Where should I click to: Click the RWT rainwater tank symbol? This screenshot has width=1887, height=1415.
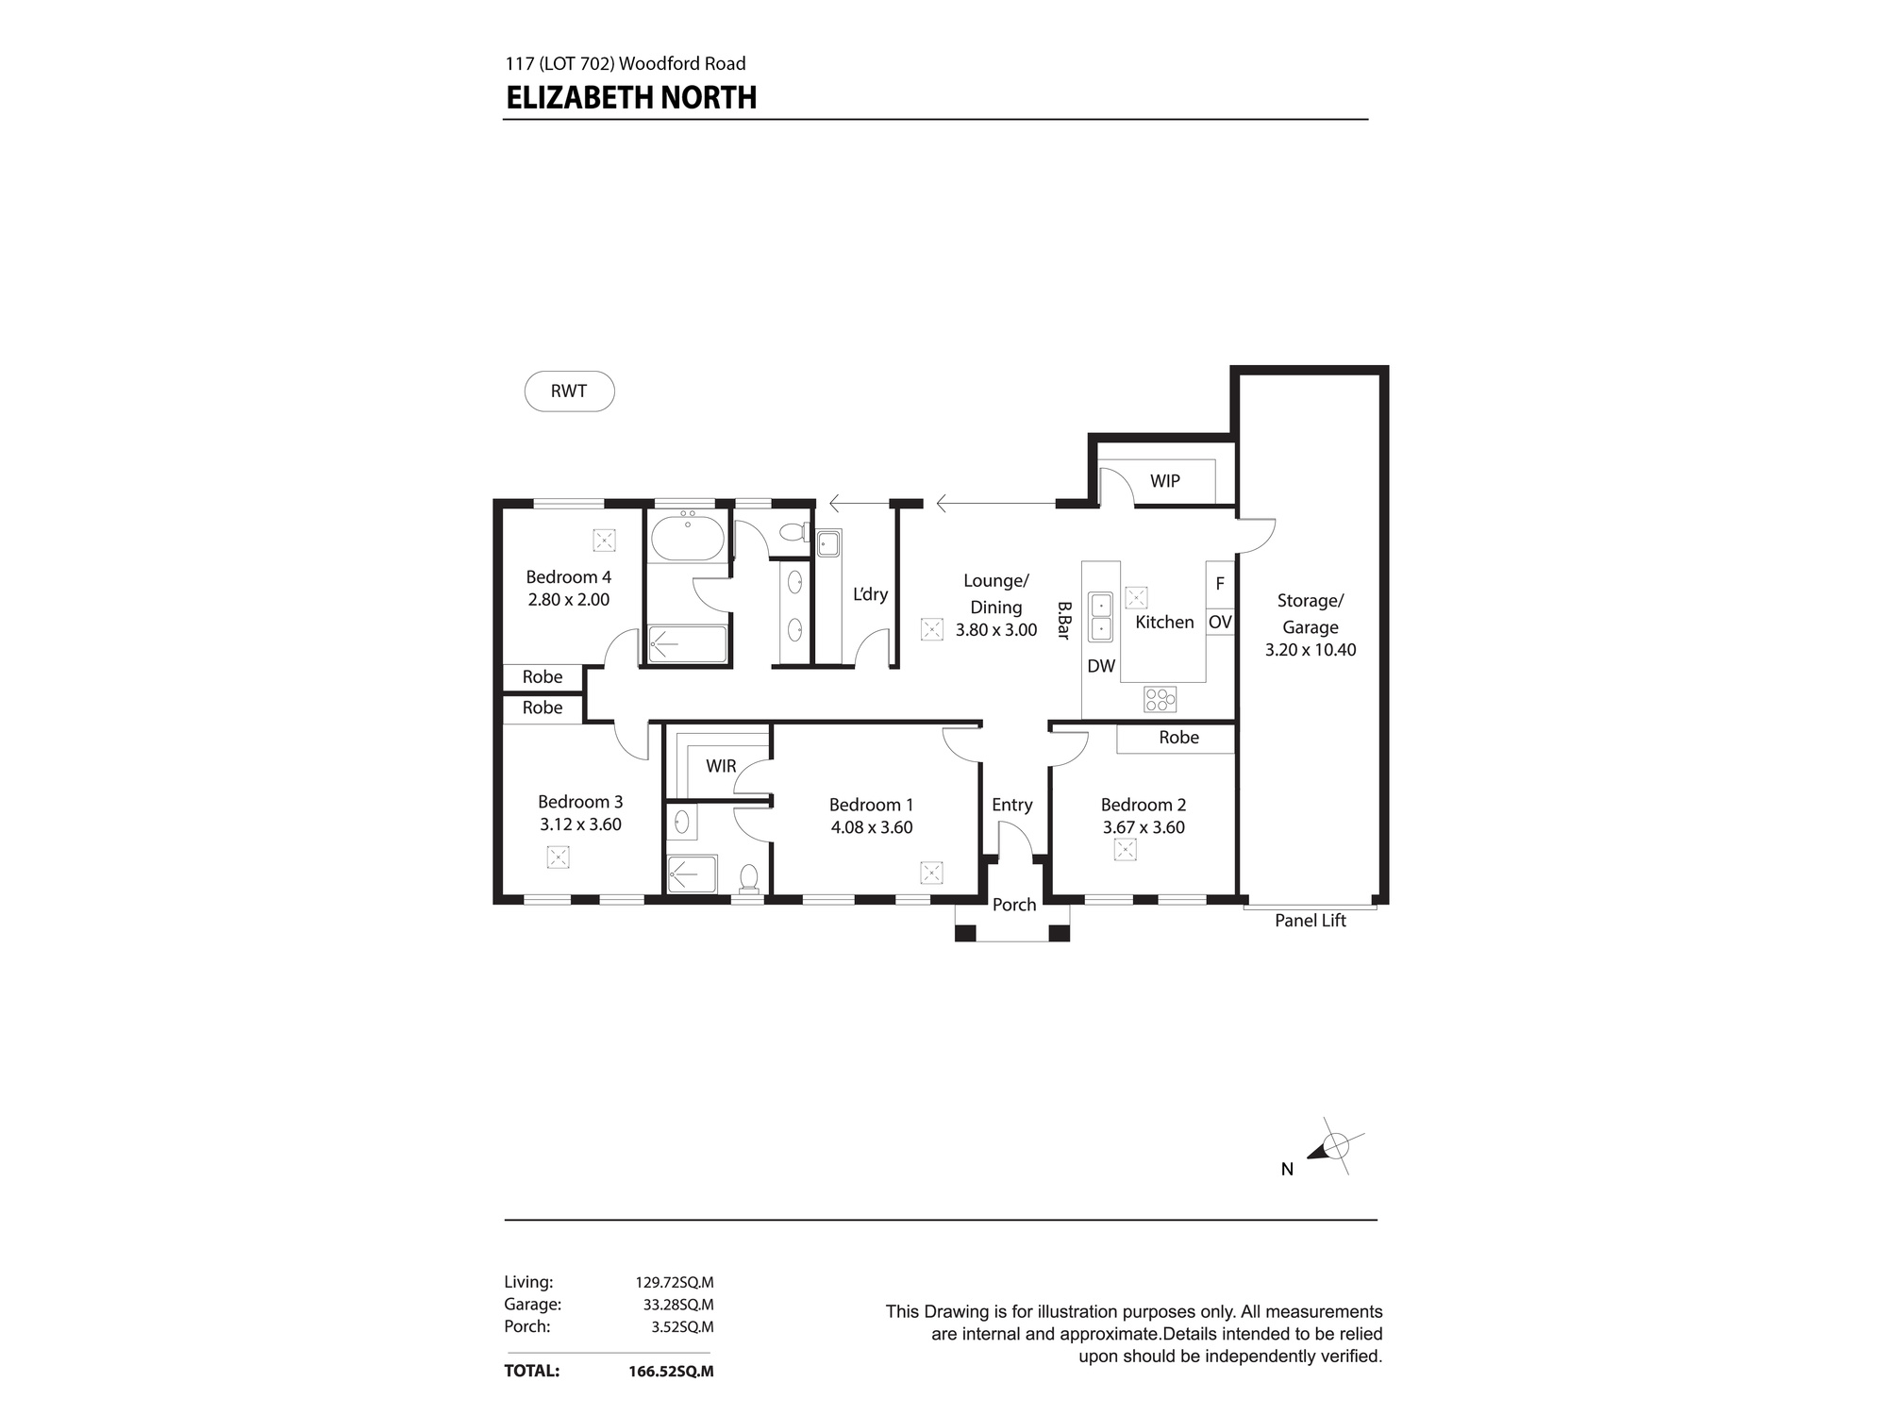click(569, 391)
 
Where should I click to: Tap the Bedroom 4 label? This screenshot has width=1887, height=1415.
click(568, 577)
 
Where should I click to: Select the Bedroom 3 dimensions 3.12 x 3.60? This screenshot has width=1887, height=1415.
click(580, 824)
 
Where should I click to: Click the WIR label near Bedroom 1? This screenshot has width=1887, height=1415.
click(721, 766)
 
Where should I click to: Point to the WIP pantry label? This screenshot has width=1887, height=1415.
click(1165, 481)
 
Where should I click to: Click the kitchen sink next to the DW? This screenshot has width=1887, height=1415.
click(1100, 616)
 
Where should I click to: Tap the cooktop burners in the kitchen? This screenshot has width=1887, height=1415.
click(1161, 699)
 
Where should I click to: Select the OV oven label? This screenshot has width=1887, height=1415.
click(1220, 623)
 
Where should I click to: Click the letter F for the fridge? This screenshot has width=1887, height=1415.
click(1220, 584)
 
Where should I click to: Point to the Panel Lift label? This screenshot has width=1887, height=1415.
click(1311, 921)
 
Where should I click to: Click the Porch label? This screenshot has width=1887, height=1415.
click(1014, 905)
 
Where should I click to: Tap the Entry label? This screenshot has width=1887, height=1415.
click(1012, 805)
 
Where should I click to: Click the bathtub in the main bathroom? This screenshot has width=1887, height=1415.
click(688, 538)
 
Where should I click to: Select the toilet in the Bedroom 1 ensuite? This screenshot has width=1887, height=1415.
click(749, 878)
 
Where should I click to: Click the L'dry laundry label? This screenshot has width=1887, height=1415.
click(870, 594)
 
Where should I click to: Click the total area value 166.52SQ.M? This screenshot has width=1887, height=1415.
click(671, 1371)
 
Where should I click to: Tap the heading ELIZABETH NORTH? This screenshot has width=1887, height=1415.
click(631, 98)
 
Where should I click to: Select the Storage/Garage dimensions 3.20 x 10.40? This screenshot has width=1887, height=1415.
click(1311, 650)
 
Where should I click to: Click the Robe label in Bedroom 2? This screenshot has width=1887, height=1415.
click(1179, 738)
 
